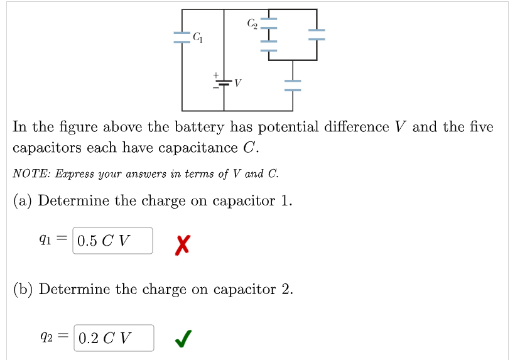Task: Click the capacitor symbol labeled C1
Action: (182, 37)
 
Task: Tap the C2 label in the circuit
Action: (252, 24)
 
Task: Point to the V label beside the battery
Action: (239, 84)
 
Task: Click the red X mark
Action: (182, 242)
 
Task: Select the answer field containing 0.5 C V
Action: (112, 241)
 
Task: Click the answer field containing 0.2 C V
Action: (114, 338)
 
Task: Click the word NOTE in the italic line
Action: (27, 174)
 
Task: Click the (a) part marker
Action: (23, 201)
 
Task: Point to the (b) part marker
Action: (23, 290)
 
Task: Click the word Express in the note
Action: (70, 174)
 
